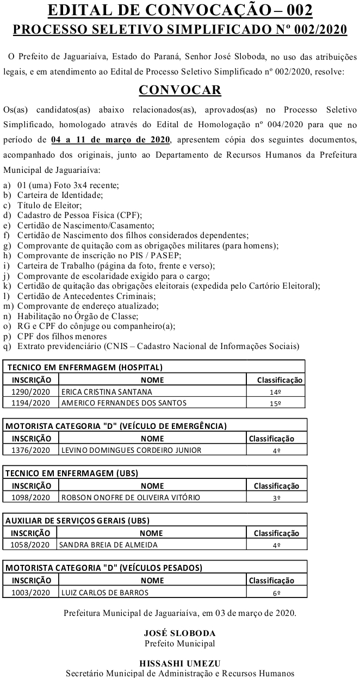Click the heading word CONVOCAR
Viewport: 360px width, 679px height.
coord(179,90)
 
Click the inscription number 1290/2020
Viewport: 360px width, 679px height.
coord(30,391)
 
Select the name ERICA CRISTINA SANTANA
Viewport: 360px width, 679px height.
coord(107,391)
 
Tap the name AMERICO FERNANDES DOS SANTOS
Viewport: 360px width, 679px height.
coord(123,403)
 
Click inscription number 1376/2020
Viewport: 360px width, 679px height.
coord(30,450)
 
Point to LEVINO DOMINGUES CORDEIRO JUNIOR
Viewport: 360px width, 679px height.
coord(131,450)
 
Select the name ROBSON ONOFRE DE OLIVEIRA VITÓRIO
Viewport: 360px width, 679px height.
coord(131,497)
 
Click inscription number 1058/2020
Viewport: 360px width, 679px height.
coord(30,545)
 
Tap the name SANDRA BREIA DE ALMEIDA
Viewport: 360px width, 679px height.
coord(108,545)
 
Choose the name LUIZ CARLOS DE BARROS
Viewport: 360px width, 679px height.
coord(104,592)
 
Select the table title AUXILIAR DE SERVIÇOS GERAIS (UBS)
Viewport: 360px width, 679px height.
coord(77,521)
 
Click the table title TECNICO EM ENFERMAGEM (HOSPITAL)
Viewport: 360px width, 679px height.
coord(84,367)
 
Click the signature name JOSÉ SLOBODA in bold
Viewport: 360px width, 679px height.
coord(179,633)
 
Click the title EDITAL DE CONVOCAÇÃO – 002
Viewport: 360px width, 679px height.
coord(179,11)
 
